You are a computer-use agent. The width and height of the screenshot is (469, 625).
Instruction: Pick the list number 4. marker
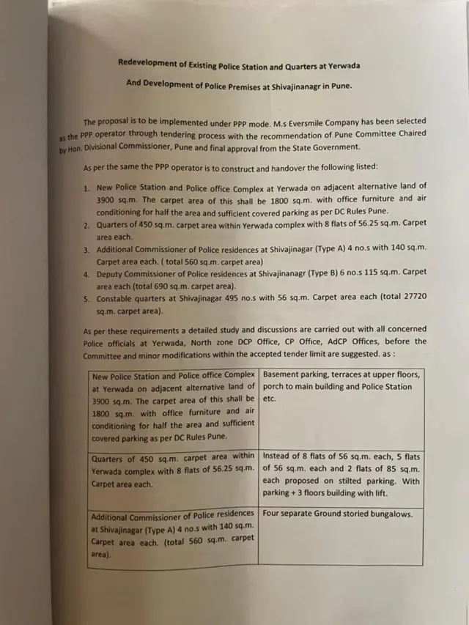click(x=86, y=273)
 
